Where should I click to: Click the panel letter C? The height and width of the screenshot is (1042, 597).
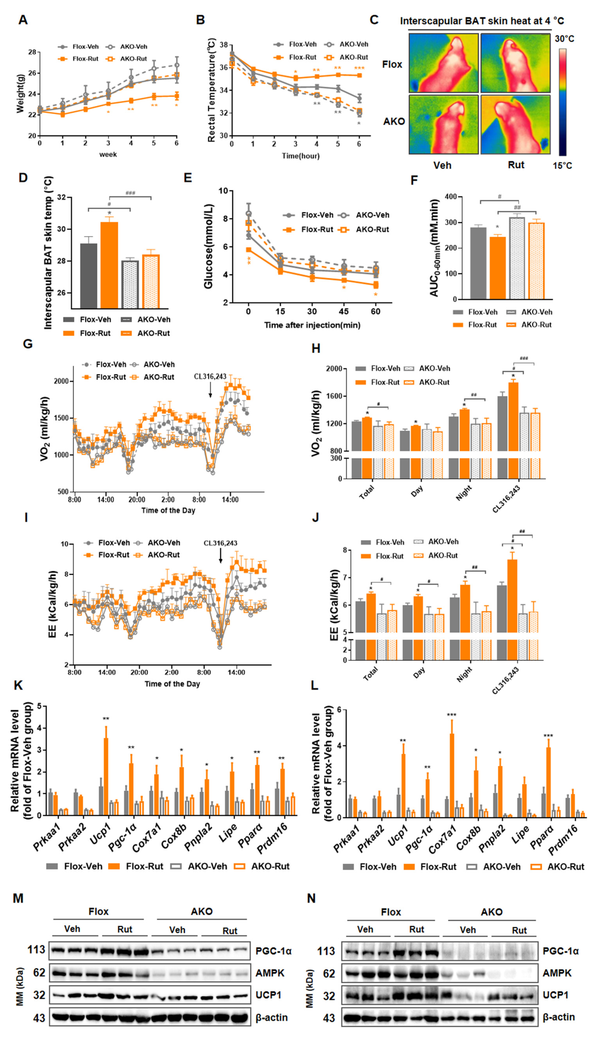[x=374, y=20]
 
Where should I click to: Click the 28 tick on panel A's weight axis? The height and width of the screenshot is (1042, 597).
[x=32, y=52]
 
